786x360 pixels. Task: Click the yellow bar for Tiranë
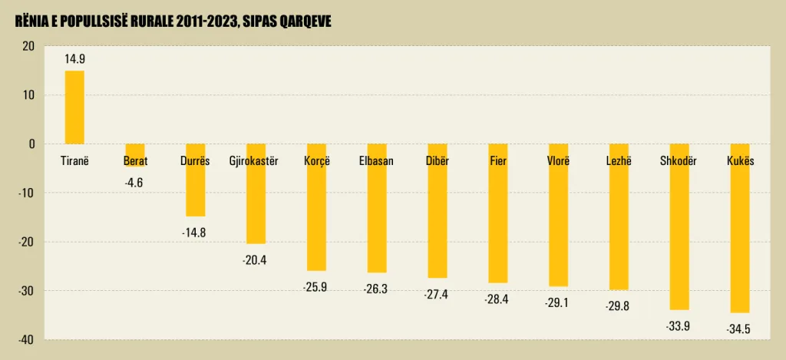(74, 107)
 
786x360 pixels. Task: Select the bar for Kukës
(740, 230)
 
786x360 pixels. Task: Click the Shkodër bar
(679, 230)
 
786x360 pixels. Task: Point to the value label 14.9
(74, 58)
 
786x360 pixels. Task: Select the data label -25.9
(315, 288)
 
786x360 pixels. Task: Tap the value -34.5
(738, 329)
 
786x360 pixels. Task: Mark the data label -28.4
(497, 299)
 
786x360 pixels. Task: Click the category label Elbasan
(376, 161)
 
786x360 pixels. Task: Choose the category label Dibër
(437, 161)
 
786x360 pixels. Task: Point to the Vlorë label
(558, 161)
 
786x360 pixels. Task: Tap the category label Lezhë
(619, 161)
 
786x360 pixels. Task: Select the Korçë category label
(315, 161)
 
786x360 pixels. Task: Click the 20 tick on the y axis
(28, 46)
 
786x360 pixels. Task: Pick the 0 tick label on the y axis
(31, 144)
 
